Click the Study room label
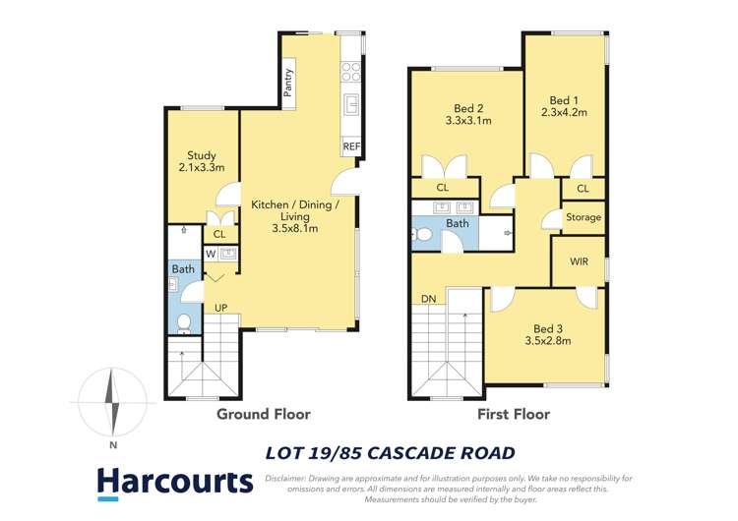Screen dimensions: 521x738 click(x=202, y=155)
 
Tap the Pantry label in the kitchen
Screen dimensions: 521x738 click(x=289, y=80)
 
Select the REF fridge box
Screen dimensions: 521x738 click(x=351, y=146)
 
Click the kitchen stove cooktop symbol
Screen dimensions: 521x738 click(x=350, y=70)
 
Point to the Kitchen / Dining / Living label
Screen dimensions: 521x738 click(x=295, y=205)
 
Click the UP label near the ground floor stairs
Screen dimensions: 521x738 click(x=222, y=309)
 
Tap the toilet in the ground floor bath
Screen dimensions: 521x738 click(x=183, y=322)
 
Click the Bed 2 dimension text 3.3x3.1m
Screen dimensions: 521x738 click(x=468, y=122)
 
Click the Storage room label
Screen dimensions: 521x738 click(x=583, y=217)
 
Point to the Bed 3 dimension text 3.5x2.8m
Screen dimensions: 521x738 click(x=547, y=341)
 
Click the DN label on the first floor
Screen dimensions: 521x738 click(x=428, y=299)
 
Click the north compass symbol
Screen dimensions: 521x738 click(x=114, y=402)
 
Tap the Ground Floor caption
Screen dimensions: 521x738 click(x=256, y=415)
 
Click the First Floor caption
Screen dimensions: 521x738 click(x=514, y=415)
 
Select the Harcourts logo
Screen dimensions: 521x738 click(x=174, y=482)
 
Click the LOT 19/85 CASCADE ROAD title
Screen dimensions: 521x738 click(x=391, y=453)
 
